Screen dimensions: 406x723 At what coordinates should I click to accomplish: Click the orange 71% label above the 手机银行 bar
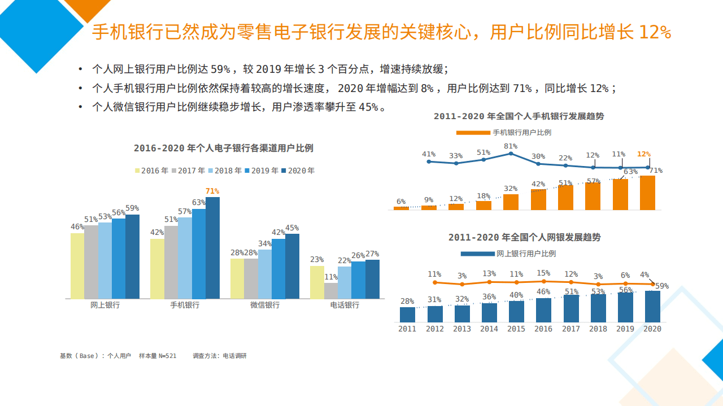212,191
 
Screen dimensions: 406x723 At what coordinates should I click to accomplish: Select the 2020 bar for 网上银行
132,257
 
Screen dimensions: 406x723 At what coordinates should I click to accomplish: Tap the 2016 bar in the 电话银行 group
317,282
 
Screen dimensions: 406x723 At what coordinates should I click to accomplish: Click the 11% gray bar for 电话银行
331,291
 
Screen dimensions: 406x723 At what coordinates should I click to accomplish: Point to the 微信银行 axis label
265,305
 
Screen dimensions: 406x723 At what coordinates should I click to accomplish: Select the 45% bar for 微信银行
292,266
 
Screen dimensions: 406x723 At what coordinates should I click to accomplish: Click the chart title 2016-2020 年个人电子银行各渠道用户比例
223,148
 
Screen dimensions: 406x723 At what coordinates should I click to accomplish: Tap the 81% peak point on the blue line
511,153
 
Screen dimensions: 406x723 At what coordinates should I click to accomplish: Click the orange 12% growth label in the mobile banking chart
643,154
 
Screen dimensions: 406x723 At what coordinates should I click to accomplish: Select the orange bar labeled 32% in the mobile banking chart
511,202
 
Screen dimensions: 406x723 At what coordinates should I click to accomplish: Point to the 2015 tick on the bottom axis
516,329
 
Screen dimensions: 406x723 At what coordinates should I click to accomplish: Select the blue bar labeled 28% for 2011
407,315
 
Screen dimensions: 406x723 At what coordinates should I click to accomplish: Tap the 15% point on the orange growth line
543,281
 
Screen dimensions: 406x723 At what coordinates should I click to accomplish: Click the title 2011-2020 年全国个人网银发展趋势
524,237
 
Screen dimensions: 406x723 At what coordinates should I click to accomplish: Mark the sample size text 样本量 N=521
158,356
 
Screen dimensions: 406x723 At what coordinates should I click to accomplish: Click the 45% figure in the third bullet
369,107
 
